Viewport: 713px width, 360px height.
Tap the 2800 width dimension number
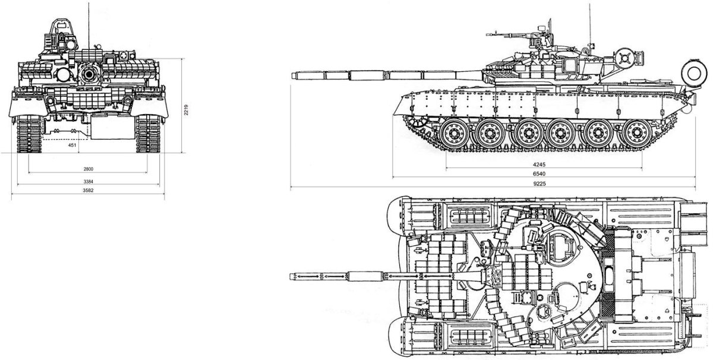88,169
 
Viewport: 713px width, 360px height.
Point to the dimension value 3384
88,181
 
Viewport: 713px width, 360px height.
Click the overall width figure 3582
88,191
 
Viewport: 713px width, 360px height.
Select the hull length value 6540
540,174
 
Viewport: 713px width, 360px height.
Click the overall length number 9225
540,184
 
